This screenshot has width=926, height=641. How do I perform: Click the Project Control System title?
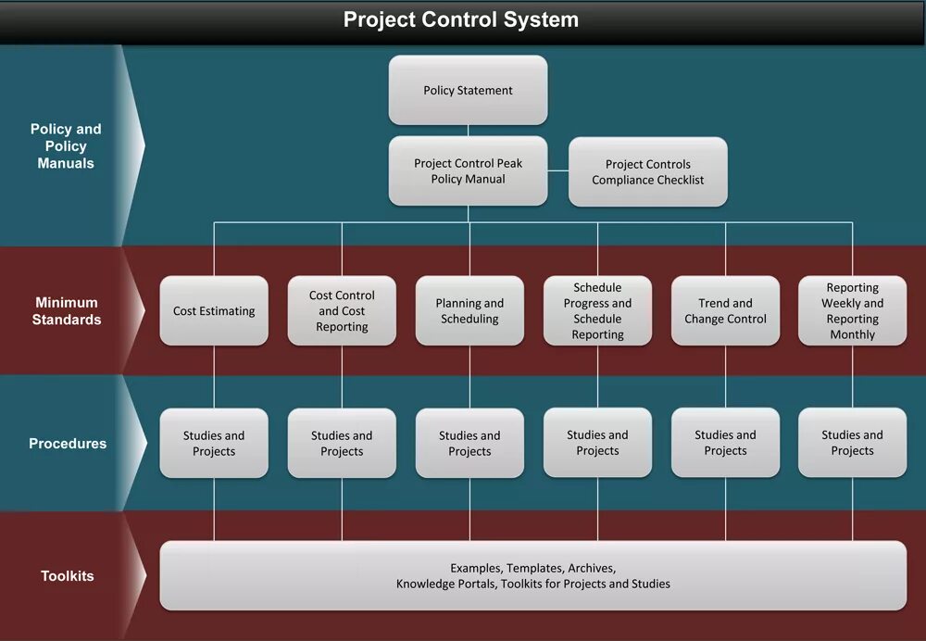(461, 19)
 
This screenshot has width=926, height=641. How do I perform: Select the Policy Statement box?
(468, 90)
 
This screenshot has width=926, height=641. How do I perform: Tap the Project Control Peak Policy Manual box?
(468, 171)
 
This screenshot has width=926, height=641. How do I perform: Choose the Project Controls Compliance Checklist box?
(647, 172)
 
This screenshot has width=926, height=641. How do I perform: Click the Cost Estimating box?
(214, 311)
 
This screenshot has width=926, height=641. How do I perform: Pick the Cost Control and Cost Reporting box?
(342, 311)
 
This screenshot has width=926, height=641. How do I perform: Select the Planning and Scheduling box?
(469, 311)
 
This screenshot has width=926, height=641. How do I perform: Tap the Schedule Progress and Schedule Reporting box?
(597, 311)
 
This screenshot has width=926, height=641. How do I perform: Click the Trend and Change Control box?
(725, 311)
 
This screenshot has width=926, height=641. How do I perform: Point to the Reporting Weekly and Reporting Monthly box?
(852, 311)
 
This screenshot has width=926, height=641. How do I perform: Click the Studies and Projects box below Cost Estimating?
(214, 444)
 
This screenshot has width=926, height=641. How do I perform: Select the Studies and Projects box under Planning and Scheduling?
(469, 444)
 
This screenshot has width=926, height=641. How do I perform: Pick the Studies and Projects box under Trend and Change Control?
(725, 443)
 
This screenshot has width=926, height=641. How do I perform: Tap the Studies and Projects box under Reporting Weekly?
(852, 443)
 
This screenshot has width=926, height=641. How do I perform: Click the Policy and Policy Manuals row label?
(65, 146)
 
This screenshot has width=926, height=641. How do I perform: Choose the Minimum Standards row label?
(67, 311)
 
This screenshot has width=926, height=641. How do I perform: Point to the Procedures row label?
(68, 444)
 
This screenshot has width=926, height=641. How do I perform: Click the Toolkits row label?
(68, 576)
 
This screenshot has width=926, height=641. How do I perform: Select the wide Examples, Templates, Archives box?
(532, 576)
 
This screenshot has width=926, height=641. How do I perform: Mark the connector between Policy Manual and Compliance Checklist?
(557, 171)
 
